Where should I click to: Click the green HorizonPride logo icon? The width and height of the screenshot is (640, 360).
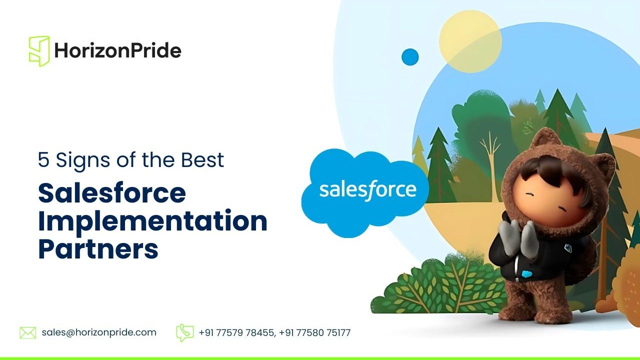tap(39, 51)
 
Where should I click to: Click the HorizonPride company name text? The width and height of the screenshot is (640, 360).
tap(117, 50)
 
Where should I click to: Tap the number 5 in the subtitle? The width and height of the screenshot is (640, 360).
tap(43, 159)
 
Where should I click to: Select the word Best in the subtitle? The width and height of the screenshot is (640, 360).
tap(202, 159)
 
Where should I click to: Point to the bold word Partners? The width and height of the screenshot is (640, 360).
tap(98, 248)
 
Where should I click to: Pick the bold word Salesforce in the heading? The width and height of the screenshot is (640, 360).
tap(112, 193)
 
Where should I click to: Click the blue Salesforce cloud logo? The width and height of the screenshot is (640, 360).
tap(365, 192)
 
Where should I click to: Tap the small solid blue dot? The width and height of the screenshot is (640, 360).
tap(410, 57)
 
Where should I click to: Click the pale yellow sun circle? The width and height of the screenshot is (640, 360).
tap(470, 41)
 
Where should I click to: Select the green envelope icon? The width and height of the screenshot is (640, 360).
tap(27, 333)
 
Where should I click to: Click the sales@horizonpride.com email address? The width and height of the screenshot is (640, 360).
tap(99, 332)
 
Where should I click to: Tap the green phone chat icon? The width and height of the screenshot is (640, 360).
tap(185, 332)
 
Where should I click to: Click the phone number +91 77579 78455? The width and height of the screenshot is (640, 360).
tap(236, 333)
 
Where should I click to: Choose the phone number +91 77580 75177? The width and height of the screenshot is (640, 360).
tap(314, 333)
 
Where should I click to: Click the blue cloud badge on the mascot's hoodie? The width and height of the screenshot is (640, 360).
tap(526, 274)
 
